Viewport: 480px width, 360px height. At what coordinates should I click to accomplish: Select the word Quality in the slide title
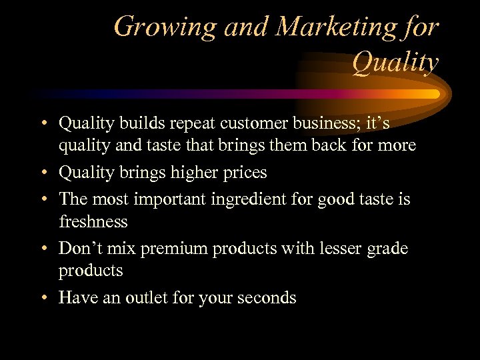point(395,63)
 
